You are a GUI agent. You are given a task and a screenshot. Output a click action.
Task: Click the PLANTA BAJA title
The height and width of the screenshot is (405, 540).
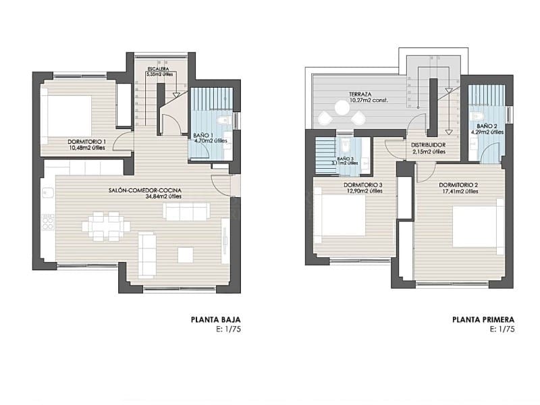point(216,320)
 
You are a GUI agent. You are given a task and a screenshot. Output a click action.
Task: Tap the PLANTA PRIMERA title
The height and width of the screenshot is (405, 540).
point(483,320)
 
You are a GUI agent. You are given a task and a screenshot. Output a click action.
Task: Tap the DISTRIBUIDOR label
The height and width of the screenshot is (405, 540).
point(428,145)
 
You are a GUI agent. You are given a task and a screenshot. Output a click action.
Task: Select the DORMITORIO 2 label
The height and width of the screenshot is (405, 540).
point(458,185)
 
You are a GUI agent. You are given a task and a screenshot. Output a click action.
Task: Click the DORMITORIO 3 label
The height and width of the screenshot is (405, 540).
point(363,185)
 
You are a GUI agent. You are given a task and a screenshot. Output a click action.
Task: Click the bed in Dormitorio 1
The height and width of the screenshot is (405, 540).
point(67,115)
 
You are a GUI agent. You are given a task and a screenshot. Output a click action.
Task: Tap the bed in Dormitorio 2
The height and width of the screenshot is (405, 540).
point(477,226)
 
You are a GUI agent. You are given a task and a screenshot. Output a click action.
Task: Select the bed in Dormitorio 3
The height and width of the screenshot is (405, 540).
point(340,215)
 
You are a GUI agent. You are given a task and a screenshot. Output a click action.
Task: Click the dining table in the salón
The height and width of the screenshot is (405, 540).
point(105,226)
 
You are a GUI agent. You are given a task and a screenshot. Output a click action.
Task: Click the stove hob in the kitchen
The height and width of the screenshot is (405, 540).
point(48,222)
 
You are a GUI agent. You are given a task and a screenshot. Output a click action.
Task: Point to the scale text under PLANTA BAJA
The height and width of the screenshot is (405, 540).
point(228,329)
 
